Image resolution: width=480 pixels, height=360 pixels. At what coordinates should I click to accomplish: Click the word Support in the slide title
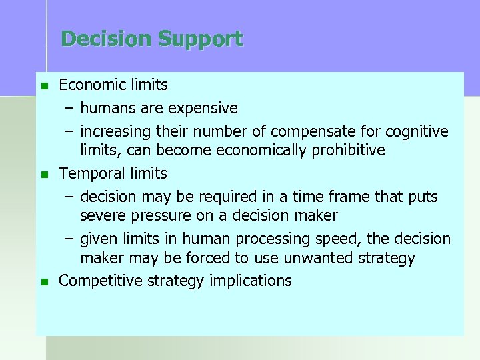pyautogui.click(x=201, y=39)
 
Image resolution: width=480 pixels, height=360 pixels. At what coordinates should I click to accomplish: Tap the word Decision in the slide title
pyautogui.click(x=107, y=39)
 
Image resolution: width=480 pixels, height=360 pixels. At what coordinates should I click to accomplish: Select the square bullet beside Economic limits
pyautogui.click(x=45, y=86)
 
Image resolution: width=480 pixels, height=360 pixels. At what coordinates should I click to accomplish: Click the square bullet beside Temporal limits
pyautogui.click(x=45, y=175)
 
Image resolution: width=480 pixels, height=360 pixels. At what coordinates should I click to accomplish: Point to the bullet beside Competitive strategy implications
pyautogui.click(x=45, y=282)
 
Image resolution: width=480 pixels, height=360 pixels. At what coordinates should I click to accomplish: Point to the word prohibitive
pyautogui.click(x=347, y=150)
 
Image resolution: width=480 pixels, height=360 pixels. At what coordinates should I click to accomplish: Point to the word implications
pyautogui.click(x=250, y=281)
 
